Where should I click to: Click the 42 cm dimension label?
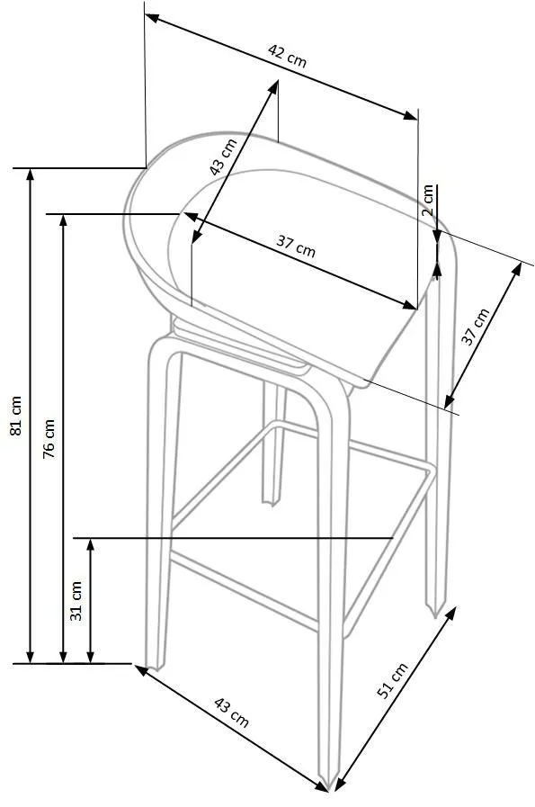tap(287, 56)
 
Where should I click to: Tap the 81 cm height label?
tap(16, 416)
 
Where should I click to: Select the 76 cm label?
tap(49, 438)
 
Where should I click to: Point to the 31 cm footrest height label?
tap(76, 600)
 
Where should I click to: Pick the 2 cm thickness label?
tap(427, 201)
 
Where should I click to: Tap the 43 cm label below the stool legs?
tap(231, 713)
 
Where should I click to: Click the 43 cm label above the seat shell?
tap(223, 157)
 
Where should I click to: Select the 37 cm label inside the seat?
tap(295, 246)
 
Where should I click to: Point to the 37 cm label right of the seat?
tap(475, 327)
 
